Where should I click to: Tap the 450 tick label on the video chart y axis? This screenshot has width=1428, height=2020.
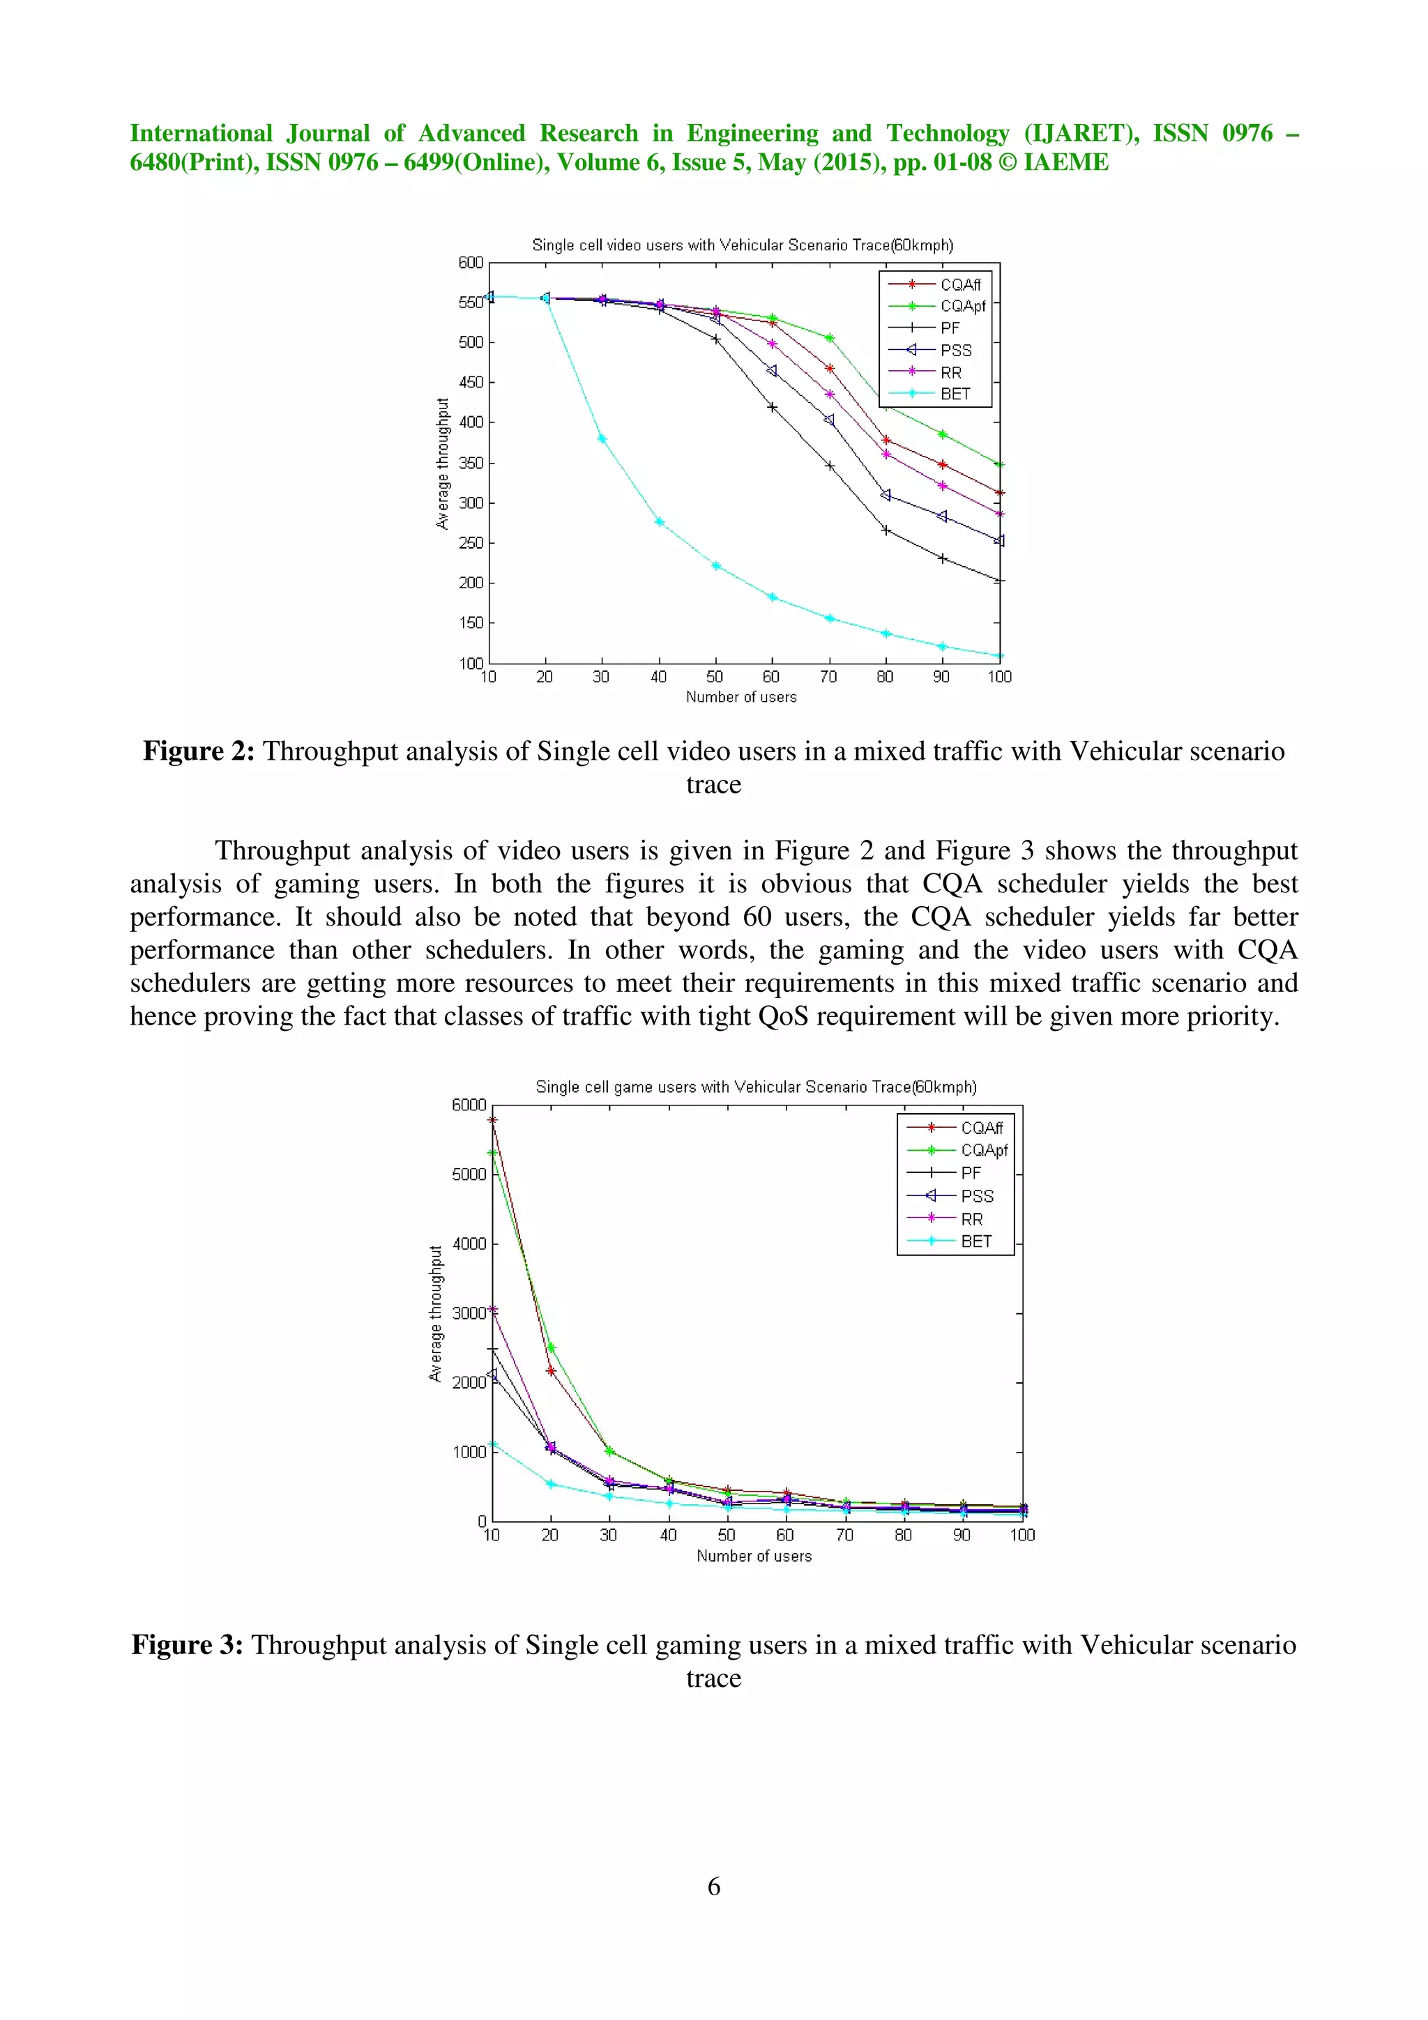coord(471,382)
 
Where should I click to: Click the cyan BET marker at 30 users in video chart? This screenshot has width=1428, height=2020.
coord(602,438)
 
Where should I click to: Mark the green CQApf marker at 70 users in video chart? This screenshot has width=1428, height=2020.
coord(829,338)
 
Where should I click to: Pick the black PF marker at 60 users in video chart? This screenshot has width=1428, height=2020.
coord(773,407)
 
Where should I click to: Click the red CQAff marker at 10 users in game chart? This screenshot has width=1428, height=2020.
coord(493,1120)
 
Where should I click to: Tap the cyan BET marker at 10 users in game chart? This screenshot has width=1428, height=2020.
coord(493,1444)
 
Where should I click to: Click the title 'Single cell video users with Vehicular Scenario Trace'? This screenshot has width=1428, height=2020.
coord(742,245)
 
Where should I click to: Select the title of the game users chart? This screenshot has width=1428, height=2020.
coord(756,1087)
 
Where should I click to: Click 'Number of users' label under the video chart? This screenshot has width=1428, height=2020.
coord(740,697)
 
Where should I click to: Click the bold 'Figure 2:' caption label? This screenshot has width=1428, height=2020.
coord(199,751)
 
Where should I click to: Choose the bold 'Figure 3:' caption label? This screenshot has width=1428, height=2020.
coord(188,1645)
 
